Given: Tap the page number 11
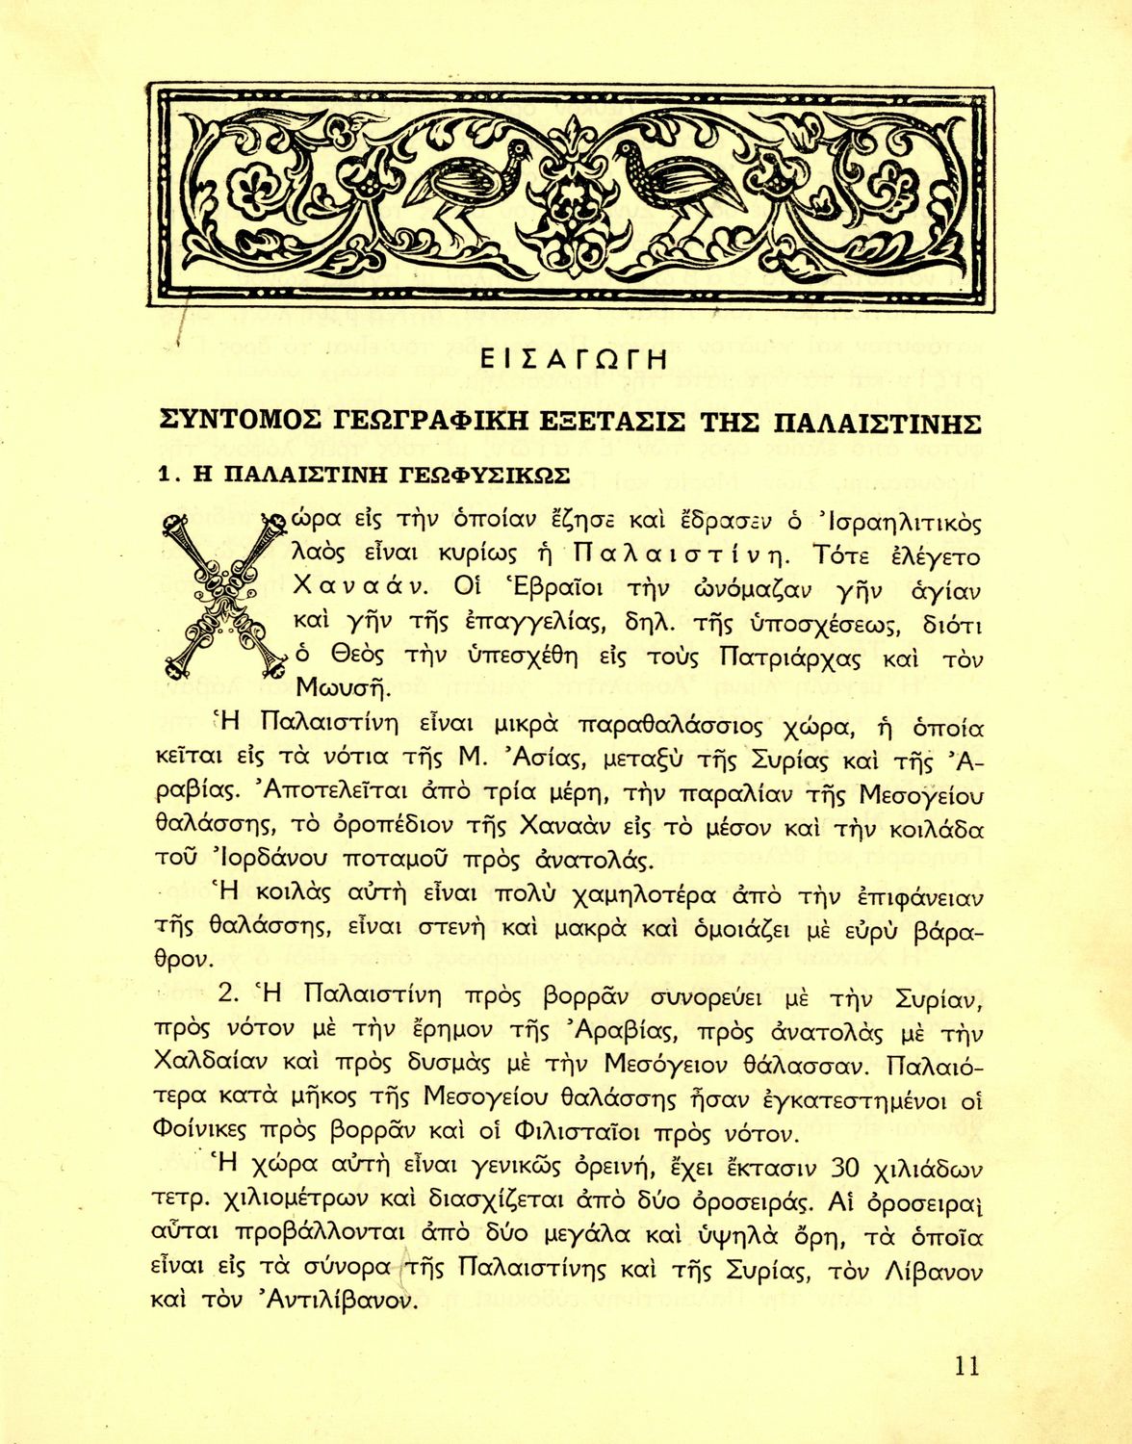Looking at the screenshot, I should pos(967,1365).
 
